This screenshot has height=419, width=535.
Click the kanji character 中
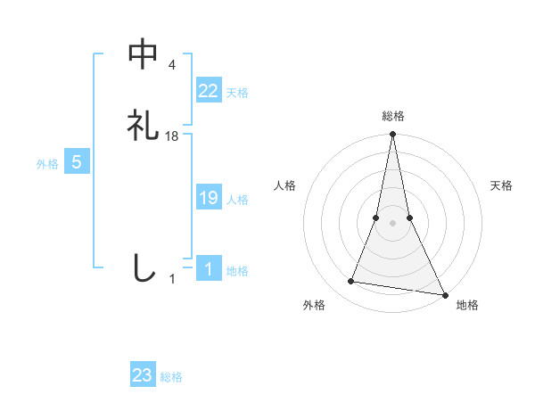tap(144, 54)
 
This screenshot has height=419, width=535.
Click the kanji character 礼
tap(144, 126)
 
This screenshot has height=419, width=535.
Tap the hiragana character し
tap(144, 268)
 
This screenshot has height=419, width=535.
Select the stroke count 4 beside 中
tap(172, 65)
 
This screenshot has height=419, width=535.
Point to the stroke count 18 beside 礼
tap(172, 136)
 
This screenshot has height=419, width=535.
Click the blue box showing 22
tap(208, 90)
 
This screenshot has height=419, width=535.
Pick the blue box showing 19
tap(208, 199)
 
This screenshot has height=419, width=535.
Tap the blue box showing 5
tap(77, 162)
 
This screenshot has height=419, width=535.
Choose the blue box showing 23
tap(143, 375)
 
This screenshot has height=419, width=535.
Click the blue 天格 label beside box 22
tap(237, 93)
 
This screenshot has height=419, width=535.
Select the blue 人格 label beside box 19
tap(237, 200)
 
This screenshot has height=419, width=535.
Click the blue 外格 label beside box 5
tap(47, 164)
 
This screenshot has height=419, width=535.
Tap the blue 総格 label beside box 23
tap(171, 377)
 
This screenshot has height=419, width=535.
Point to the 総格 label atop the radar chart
tap(392, 116)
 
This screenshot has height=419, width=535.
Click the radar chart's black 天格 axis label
tap(502, 185)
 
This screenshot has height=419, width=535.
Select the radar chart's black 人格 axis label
tap(284, 185)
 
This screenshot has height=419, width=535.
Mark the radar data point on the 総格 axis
tap(392, 135)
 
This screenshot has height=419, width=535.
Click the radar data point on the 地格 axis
tap(444, 293)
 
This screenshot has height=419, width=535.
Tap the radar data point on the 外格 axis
tap(351, 282)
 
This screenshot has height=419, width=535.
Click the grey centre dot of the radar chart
tap(392, 223)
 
